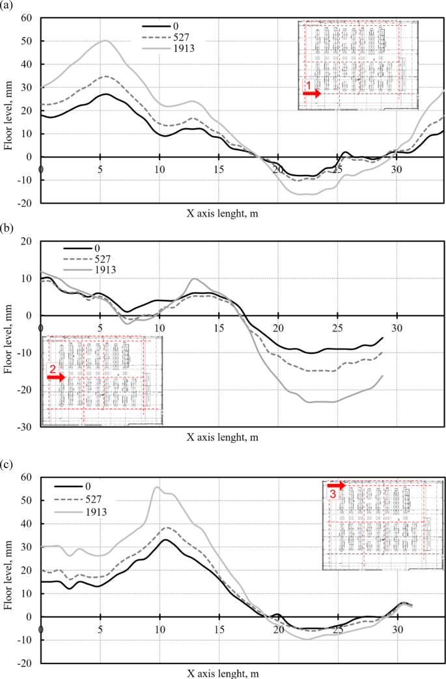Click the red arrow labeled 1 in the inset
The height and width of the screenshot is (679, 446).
312,94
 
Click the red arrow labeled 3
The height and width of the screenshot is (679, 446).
336,486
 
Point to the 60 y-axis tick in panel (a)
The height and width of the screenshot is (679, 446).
27,18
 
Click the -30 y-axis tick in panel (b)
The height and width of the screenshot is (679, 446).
26,427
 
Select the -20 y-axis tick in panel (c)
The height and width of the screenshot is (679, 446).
26,663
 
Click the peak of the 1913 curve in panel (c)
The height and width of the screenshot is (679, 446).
157,486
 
